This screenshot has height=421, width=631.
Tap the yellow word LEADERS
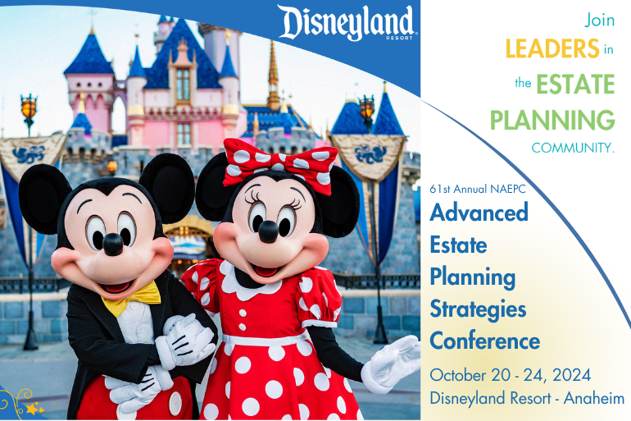tap(552, 48)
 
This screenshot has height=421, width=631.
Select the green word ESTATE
tap(575, 84)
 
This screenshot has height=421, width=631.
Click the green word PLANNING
tap(552, 120)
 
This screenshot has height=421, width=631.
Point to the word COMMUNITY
tap(573, 149)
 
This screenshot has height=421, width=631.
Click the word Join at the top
tap(599, 17)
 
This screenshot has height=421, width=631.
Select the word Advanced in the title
tap(479, 213)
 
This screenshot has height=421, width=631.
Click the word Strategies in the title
tap(478, 309)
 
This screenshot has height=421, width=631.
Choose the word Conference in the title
tap(484, 340)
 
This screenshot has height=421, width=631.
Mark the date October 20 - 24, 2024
tap(511, 375)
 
